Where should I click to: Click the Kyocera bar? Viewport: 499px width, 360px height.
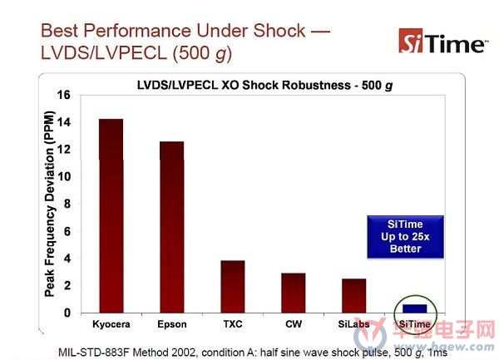pos(111,216)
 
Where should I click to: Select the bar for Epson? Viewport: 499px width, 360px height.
pos(172,227)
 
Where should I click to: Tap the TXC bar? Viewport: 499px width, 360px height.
pos(233,287)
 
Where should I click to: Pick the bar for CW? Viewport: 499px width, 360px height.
pos(294,293)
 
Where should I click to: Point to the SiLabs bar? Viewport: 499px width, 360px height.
pos(354,296)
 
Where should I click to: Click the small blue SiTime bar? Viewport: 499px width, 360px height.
pos(415,308)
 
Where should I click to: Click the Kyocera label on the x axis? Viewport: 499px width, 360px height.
pos(111,324)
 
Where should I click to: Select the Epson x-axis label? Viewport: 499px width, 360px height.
pos(172,325)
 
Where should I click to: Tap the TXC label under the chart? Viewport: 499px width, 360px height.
pos(233,324)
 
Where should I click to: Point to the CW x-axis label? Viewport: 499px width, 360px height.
pos(294,324)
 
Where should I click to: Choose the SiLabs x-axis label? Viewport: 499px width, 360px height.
pos(354,324)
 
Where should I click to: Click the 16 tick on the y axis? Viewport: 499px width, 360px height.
pos(64,95)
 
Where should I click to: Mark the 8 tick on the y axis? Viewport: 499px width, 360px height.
pos(67,204)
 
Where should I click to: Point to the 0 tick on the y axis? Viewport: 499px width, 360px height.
pos(67,313)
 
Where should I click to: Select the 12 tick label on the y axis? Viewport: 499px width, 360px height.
pos(64,149)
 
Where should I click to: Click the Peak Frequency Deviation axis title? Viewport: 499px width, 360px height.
pos(50,204)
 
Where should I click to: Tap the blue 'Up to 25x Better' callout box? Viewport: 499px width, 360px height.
pos(405,237)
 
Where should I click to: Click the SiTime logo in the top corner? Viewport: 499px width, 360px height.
pos(442,42)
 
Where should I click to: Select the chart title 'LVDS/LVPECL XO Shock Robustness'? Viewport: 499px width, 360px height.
pos(244,86)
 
